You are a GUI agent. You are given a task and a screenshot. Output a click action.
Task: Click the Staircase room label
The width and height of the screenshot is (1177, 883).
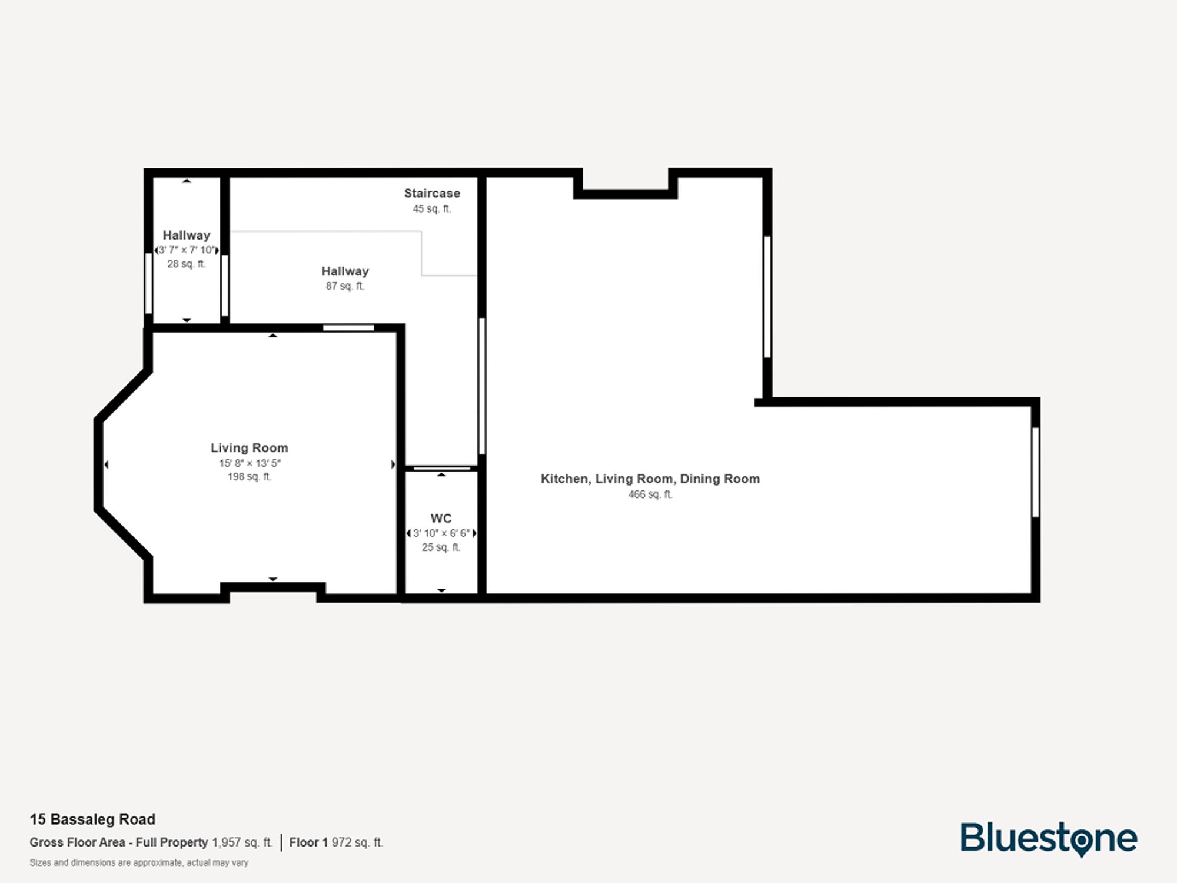(432, 193)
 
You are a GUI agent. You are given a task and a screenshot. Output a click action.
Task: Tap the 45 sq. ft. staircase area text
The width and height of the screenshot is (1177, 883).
(432, 209)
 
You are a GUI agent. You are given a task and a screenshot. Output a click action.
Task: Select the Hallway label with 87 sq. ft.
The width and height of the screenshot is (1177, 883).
(345, 271)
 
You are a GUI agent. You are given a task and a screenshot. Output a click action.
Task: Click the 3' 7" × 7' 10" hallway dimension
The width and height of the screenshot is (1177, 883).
(187, 250)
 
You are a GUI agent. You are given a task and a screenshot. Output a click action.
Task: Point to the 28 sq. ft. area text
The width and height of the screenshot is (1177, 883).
(187, 264)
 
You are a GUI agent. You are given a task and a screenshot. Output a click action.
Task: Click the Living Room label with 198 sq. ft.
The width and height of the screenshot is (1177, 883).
(250, 448)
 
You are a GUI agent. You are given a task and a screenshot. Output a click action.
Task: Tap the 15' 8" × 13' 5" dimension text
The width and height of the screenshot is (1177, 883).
(250, 463)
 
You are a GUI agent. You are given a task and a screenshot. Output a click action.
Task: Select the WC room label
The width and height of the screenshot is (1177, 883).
(441, 519)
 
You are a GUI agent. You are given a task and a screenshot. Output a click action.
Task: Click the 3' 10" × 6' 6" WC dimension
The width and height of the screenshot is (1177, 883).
(441, 533)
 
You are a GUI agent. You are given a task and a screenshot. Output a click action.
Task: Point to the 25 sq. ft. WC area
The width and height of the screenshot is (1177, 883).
(441, 547)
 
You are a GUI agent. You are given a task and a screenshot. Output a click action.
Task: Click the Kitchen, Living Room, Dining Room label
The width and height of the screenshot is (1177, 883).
(650, 479)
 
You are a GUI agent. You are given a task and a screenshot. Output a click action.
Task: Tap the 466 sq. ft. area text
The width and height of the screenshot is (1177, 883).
(650, 494)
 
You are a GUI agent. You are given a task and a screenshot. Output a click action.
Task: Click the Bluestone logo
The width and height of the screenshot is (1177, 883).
(1049, 838)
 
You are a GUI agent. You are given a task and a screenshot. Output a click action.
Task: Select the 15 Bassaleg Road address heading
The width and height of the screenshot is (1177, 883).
(93, 819)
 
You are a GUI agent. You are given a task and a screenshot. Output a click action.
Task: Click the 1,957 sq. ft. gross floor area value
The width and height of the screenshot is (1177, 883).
(242, 842)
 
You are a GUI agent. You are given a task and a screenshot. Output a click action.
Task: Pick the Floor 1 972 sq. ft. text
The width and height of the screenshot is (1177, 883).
(336, 842)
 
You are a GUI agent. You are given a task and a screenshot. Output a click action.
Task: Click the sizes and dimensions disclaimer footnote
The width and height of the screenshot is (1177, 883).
(139, 863)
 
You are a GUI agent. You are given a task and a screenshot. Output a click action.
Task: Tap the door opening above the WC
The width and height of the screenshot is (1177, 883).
(441, 469)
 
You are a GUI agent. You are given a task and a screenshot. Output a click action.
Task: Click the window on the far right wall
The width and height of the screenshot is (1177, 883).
(1035, 472)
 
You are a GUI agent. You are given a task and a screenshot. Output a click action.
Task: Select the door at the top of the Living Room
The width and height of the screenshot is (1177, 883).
(348, 328)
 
